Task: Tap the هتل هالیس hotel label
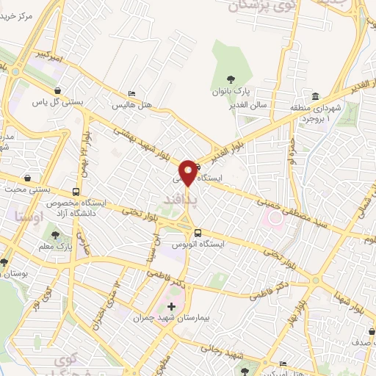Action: click(131, 106)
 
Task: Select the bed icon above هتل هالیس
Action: click(131, 94)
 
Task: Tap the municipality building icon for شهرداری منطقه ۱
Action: click(315, 96)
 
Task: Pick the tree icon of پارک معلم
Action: click(56, 236)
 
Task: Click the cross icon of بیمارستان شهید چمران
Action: click(171, 306)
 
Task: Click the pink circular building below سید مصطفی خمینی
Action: click(275, 217)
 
